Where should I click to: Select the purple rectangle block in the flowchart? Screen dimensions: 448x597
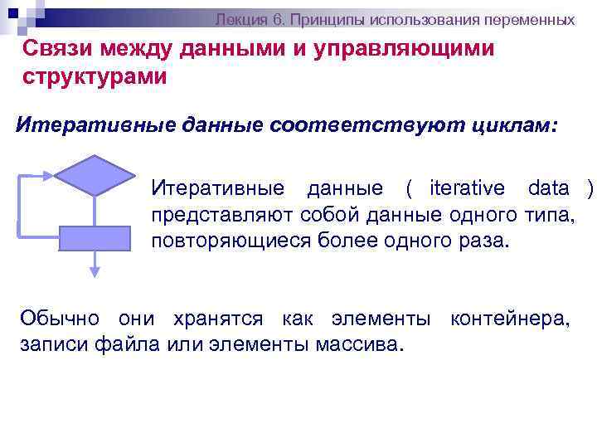(95, 238)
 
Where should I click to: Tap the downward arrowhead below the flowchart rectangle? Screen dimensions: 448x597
(95, 269)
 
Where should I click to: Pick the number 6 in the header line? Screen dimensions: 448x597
(279, 17)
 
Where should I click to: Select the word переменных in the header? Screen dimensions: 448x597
(530, 17)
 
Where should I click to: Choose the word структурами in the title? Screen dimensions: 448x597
(95, 77)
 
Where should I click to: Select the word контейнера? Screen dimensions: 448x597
(509, 318)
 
